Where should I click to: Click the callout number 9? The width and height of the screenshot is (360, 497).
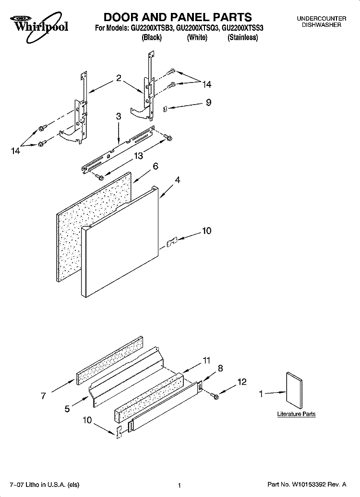[x=208, y=102]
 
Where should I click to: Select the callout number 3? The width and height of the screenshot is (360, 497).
[x=118, y=116]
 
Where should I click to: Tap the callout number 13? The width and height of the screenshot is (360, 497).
[x=139, y=155]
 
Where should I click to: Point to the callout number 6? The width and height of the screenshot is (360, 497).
[x=155, y=166]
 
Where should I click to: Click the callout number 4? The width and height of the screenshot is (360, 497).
[x=178, y=180]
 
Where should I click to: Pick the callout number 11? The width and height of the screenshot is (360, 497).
[x=207, y=359]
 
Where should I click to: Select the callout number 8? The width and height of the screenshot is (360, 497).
[x=220, y=368]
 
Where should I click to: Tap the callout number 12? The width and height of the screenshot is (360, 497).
[x=242, y=382]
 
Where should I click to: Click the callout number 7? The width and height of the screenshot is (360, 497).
[x=43, y=396]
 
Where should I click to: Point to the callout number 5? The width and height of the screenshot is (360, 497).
[x=67, y=409]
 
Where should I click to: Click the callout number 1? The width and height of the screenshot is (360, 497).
[x=262, y=394]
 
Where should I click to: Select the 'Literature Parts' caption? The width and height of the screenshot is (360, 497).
[x=296, y=414]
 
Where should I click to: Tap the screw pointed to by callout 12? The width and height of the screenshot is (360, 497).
[x=214, y=395]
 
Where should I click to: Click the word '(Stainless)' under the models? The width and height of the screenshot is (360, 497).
[x=242, y=37]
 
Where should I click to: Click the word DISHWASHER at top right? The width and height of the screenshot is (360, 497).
[x=321, y=24]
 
